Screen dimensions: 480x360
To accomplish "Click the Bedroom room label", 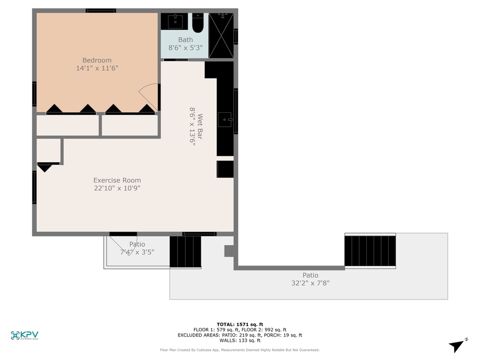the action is pos(97,60).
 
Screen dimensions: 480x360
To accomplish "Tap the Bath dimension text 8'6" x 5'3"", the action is pos(185,48).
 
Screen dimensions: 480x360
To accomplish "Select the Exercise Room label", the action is pos(117,180).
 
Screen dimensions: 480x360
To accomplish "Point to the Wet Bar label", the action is pos(200,126).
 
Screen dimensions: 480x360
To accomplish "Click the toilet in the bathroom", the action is pos(198,23).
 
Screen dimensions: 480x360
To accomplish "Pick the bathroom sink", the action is pos(175,22).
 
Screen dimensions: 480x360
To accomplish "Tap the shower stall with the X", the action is pos(221,35).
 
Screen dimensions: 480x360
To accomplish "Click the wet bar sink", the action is pos(225,120).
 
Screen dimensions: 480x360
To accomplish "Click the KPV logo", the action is pos(24,335).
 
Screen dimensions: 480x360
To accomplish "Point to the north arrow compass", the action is pos(457,345).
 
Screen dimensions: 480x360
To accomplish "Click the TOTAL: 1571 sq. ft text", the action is pos(240,324).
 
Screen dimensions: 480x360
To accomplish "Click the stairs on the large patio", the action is pos(370,251).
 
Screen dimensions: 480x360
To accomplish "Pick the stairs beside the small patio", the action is pos(185,252).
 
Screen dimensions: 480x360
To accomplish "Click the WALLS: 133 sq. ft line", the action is pos(240,340).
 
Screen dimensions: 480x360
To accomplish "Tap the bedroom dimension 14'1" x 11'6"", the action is pos(97,68).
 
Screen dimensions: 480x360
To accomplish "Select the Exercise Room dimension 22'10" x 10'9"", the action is pos(117,188).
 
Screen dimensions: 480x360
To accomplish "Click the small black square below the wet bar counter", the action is pos(225,169).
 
